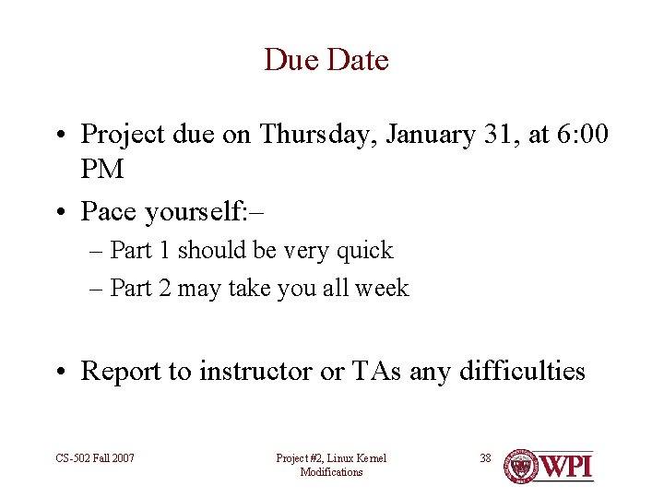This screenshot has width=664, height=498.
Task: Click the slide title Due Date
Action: (x=326, y=60)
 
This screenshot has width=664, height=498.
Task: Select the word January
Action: (x=429, y=135)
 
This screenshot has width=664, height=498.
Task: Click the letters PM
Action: (x=102, y=170)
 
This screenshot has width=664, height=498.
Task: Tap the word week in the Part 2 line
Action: (x=382, y=289)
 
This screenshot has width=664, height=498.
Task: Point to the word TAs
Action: (x=373, y=372)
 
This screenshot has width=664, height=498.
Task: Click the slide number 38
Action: (x=486, y=457)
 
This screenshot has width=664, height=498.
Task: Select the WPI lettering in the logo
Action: (x=565, y=466)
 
